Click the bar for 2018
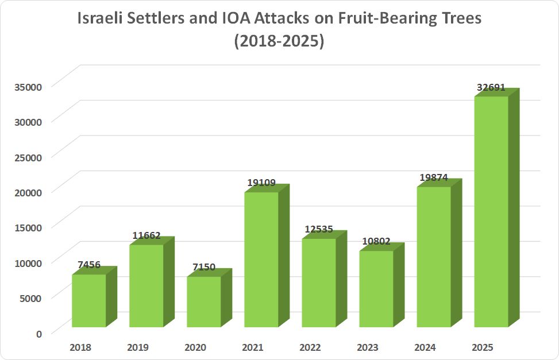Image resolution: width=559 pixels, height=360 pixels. tap(89, 301)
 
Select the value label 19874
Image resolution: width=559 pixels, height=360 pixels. tap(434, 178)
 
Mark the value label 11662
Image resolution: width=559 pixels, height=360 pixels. tap(147, 235)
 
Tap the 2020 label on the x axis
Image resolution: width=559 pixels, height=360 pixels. tap(195, 347)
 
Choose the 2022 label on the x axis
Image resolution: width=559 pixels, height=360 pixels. tap(310, 347)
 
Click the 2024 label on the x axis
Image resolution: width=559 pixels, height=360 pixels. tap(425, 347)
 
